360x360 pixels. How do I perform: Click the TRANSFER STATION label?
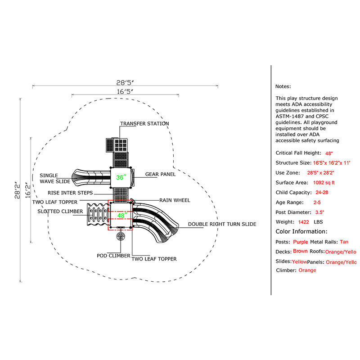(144, 124)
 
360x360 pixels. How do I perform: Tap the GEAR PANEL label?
(160, 174)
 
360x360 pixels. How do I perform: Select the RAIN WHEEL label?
(175, 200)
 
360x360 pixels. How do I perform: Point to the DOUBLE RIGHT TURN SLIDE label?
(222, 224)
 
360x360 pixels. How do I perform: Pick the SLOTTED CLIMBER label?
(60, 211)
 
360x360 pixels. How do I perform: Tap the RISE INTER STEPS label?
(71, 193)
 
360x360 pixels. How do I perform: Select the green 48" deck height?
(121, 215)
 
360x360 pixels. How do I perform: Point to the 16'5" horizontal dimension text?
(125, 91)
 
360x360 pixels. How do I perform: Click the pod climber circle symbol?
(121, 237)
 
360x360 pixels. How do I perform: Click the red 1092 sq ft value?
(324, 183)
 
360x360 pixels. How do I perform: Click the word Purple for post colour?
(300, 242)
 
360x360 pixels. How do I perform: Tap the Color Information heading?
(301, 232)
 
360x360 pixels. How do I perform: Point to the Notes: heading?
(283, 86)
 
